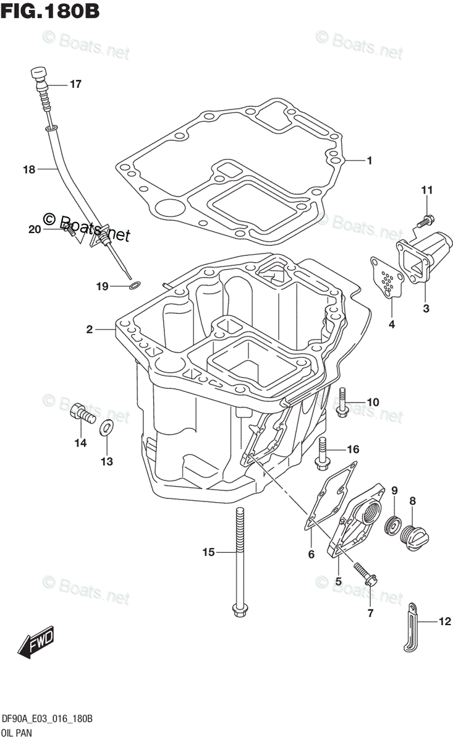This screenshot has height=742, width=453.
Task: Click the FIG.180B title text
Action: coord(51,11)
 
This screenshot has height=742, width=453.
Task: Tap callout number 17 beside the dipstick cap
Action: coord(75,85)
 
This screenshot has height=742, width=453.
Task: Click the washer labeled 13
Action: coord(106,426)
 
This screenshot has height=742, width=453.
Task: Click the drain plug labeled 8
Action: coord(415,535)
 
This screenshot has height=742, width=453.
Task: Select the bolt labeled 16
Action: coord(323,451)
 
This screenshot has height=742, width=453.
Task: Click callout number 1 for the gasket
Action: coord(369,161)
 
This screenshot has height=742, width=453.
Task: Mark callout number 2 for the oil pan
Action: coord(90,330)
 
